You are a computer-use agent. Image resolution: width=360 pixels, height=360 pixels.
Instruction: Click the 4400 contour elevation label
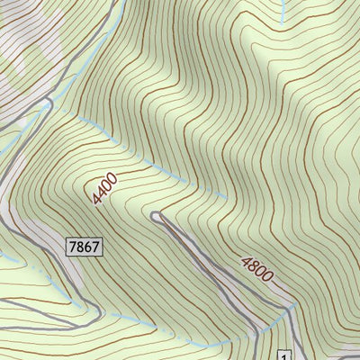click(x=103, y=186)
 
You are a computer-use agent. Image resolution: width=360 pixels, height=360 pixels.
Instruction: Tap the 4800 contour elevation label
click(x=256, y=268)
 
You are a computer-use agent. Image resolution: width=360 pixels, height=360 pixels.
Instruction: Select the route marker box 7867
click(x=82, y=245)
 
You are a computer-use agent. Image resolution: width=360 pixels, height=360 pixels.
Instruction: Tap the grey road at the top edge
click(x=117, y=7)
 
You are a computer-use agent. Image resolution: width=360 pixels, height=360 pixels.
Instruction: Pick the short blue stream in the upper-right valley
click(x=283, y=11)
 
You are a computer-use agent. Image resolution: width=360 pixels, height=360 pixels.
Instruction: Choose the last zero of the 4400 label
click(x=113, y=176)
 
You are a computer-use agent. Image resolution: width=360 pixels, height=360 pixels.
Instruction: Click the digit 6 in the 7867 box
click(x=85, y=245)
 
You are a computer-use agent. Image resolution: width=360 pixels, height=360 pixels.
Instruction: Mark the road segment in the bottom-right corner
click(x=346, y=356)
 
